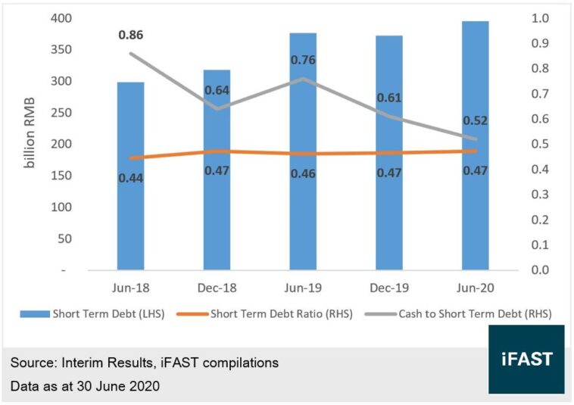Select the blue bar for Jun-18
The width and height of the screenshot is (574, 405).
pos(130,204)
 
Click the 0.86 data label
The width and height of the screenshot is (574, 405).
pos(130,35)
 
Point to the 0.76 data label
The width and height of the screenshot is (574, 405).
pos(303,61)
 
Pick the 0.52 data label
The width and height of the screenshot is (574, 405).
pos(475,120)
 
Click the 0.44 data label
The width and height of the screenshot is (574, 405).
pos(130,178)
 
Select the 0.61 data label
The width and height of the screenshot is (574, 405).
pos(389,98)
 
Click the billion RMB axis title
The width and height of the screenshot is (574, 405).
pos(31,145)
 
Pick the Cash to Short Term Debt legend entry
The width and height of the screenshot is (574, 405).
pos(463,313)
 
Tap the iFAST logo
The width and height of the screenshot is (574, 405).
pos(526,359)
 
